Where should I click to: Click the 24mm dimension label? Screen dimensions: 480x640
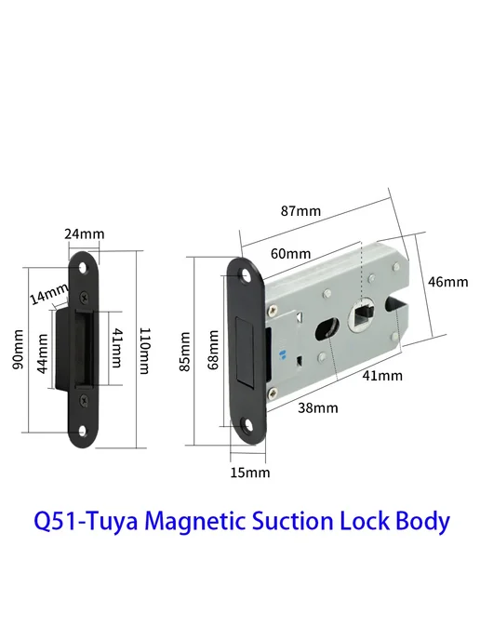pyautogui.click(x=85, y=233)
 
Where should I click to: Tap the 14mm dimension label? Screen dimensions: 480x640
pyautogui.click(x=49, y=293)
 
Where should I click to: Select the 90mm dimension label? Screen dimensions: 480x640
pyautogui.click(x=19, y=350)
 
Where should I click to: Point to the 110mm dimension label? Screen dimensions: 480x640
pyautogui.click(x=144, y=351)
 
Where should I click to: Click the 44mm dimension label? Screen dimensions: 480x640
pyautogui.click(x=43, y=353)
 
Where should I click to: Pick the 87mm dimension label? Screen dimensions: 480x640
pyautogui.click(x=300, y=210)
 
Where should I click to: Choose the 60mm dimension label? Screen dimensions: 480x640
pyautogui.click(x=290, y=253)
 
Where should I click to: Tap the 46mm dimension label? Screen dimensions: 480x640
pyautogui.click(x=447, y=282)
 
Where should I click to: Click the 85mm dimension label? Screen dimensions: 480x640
pyautogui.click(x=185, y=351)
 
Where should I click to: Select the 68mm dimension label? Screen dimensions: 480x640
pyautogui.click(x=213, y=350)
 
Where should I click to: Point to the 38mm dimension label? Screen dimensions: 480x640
pyautogui.click(x=318, y=407)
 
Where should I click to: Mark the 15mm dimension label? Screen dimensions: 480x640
pyautogui.click(x=250, y=473)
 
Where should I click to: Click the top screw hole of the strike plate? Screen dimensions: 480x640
pyautogui.click(x=84, y=269)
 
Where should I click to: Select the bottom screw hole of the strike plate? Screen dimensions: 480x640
pyautogui.click(x=83, y=431)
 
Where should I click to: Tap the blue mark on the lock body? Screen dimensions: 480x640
pyautogui.click(x=281, y=354)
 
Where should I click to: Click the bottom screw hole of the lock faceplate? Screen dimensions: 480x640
pyautogui.click(x=247, y=426)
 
